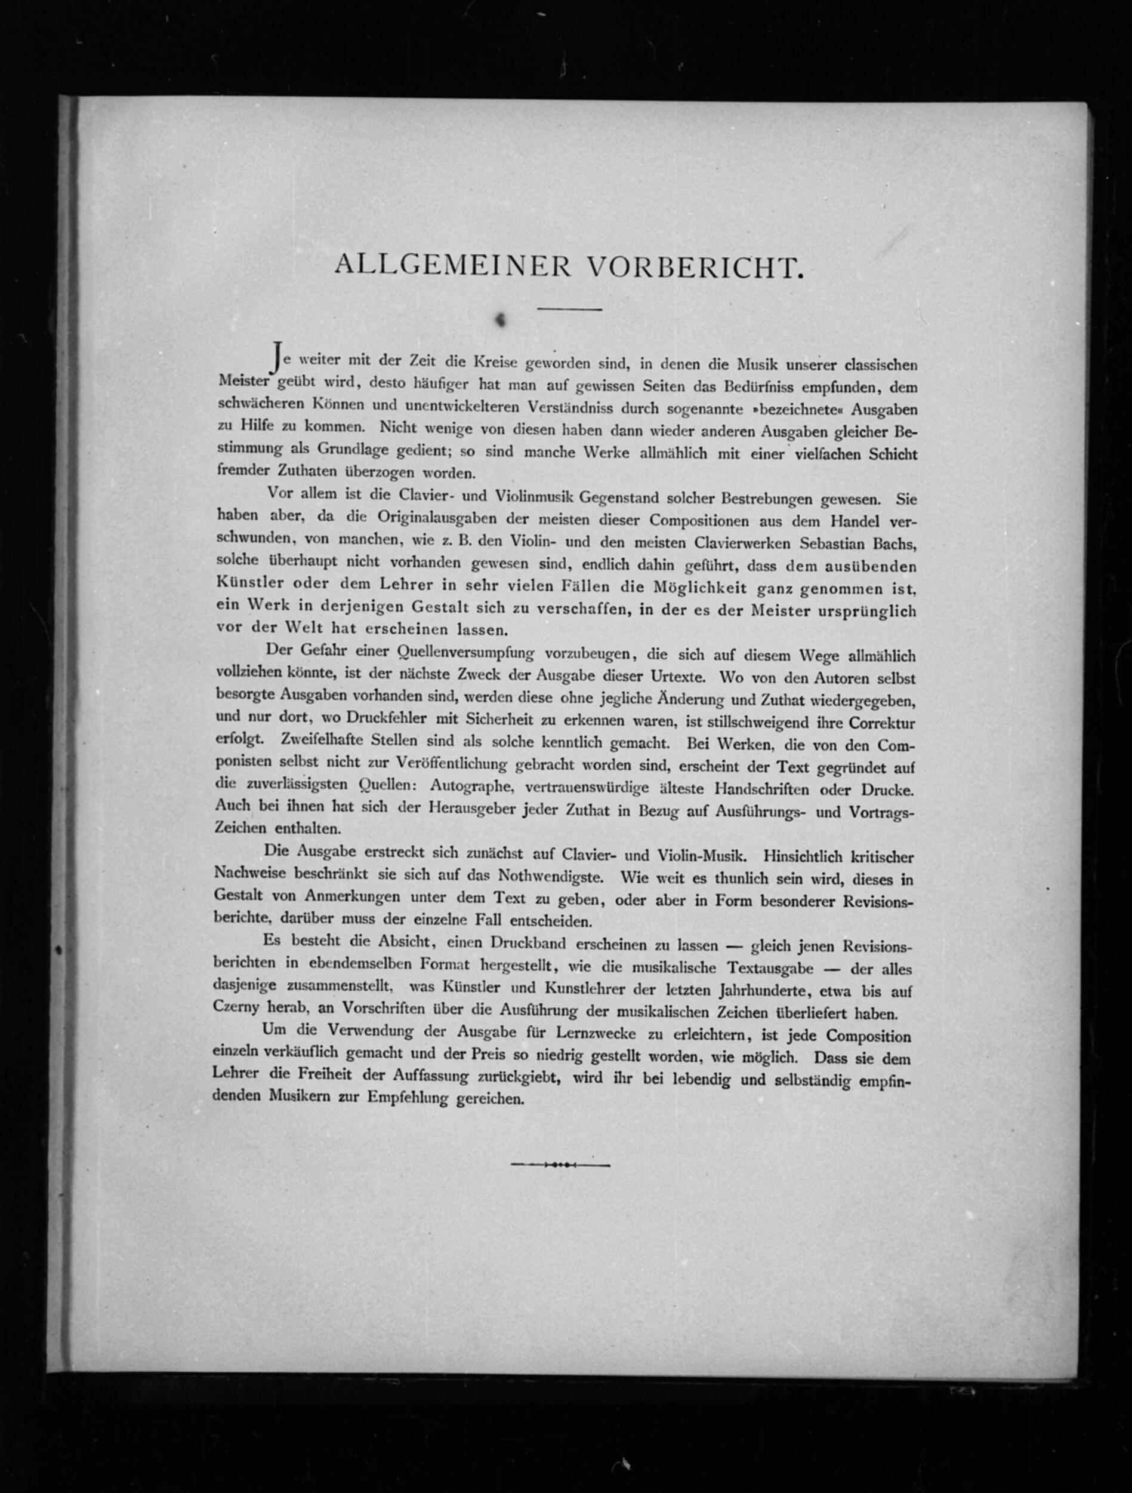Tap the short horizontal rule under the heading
click(569, 309)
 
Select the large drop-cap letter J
click(274, 356)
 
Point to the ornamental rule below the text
click(560, 1165)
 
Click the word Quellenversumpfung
click(466, 653)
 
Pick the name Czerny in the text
click(236, 1010)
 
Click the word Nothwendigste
click(550, 876)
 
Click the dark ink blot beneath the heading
click(501, 321)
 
